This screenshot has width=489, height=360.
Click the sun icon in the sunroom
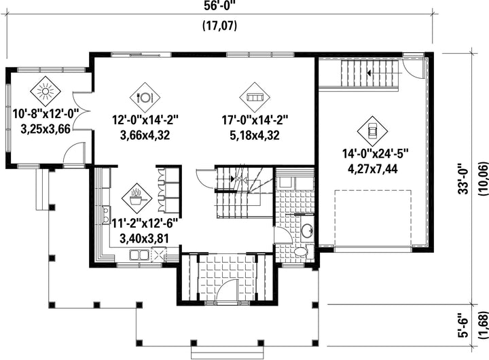46,92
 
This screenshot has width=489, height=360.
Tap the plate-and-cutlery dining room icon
145,97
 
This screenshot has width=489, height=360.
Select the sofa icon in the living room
255,97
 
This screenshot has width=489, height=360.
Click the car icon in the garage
372,131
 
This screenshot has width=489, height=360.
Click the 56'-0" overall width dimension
219,6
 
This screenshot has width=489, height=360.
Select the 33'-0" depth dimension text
464,179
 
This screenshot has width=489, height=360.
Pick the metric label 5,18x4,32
255,135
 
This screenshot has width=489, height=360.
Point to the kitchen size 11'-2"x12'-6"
145,223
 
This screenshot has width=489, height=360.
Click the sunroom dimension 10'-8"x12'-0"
46,113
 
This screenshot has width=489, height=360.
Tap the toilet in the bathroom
301,252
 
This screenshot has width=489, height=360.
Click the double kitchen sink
139,255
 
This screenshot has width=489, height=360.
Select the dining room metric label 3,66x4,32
145,135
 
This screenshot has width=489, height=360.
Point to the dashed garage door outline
373,218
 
